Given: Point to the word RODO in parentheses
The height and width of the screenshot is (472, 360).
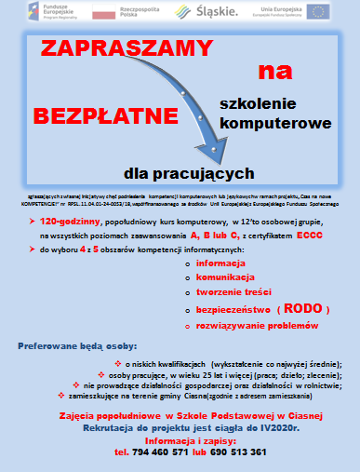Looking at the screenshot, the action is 304,308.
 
